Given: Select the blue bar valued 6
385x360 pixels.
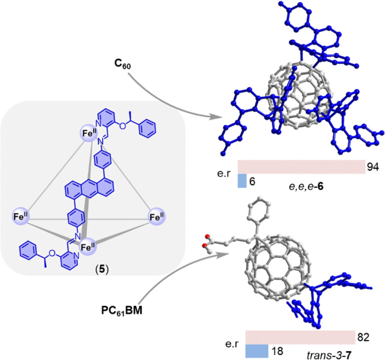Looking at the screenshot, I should pyautogui.click(x=241, y=181).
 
